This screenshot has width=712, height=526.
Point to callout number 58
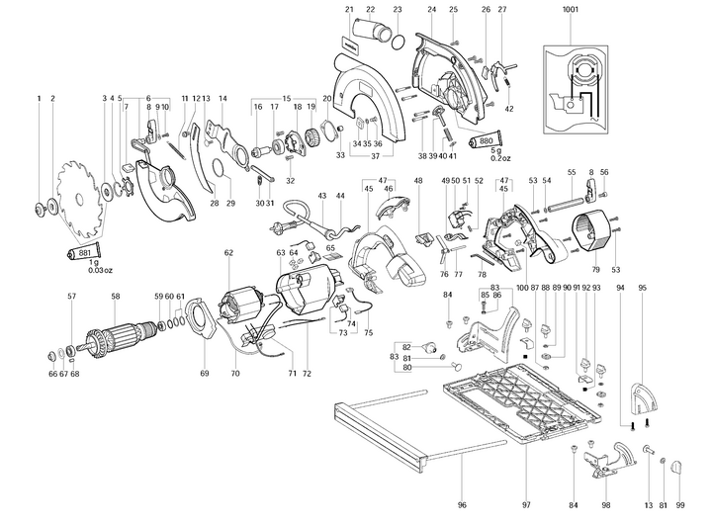[x=116, y=297]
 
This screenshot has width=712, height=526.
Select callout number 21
[x=350, y=10]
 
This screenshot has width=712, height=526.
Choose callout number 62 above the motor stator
[x=228, y=253]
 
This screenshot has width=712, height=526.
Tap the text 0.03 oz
[x=102, y=270]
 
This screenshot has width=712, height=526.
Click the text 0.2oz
[x=501, y=157]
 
